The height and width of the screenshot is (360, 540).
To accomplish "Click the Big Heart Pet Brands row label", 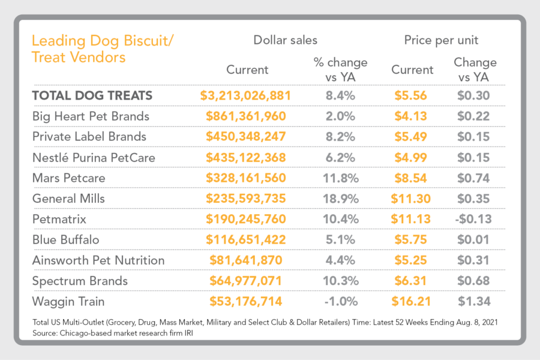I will [91, 116].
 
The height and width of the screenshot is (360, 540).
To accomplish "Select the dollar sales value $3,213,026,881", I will [245, 95].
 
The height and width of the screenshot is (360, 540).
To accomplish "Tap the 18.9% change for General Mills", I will [340, 199].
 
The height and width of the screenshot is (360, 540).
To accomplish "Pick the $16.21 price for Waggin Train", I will [412, 302].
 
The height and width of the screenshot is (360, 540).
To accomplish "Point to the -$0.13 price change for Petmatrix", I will [473, 219].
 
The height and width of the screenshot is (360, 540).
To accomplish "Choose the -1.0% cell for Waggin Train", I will [340, 302].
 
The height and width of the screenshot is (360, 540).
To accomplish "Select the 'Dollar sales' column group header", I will [285, 40].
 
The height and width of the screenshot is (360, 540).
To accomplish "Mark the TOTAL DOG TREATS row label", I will [92, 95].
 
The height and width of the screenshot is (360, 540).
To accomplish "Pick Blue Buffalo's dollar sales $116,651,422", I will [245, 240].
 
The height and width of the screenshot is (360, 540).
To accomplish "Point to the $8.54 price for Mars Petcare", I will [412, 178].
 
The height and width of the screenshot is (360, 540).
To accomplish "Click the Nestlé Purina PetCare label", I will [94, 157].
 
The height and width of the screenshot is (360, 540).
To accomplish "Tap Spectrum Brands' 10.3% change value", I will [340, 281].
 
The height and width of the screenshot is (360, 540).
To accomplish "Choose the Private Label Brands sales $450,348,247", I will [245, 137].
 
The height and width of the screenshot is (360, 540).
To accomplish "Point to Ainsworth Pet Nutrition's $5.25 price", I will [412, 260].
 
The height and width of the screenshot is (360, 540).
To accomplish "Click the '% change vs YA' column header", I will [340, 69].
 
